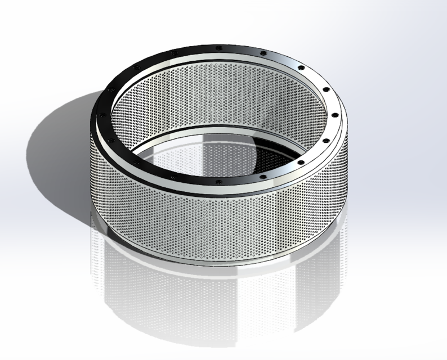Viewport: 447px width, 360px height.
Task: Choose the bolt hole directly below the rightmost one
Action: click(325, 139)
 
